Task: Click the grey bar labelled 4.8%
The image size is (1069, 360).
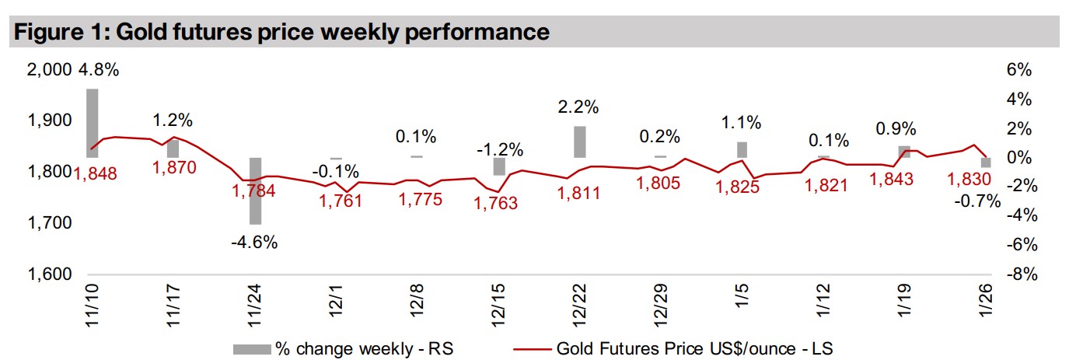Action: click(92, 123)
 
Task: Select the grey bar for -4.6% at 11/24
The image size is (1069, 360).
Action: click(255, 190)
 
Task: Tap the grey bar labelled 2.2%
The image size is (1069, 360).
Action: click(580, 142)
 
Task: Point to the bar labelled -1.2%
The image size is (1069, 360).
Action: click(499, 166)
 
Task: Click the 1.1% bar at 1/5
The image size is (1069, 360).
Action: click(742, 150)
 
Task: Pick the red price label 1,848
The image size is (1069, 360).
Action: click(95, 173)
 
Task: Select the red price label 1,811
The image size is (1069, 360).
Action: click(579, 193)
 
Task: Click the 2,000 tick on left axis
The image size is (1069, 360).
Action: click(49, 70)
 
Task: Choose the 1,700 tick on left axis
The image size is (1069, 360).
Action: click(49, 223)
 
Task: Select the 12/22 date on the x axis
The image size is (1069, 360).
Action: click(580, 306)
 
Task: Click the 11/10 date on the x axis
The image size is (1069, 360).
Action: click(92, 306)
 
